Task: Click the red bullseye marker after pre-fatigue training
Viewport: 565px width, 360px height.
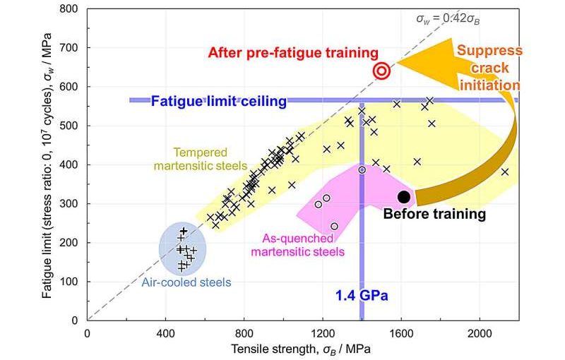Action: tap(381, 71)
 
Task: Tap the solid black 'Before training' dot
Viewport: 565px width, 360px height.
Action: tap(404, 197)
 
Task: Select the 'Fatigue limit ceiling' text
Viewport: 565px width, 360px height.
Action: tap(219, 101)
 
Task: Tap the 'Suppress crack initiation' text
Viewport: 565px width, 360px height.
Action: tap(489, 68)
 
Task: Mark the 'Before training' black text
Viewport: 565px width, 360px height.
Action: tap(434, 213)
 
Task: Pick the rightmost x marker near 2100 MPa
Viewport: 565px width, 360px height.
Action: tap(504, 172)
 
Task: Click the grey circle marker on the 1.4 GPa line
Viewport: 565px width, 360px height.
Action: tap(362, 169)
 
